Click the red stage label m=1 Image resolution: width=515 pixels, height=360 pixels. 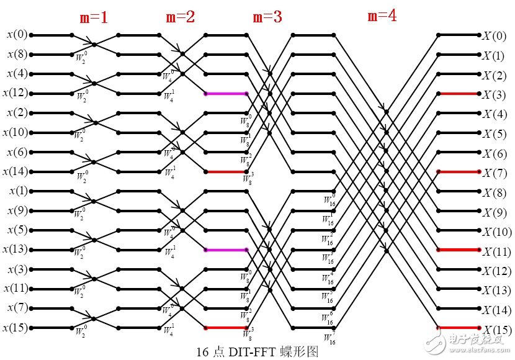pos(94,17)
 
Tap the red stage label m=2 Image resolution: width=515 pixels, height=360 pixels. pos(181,17)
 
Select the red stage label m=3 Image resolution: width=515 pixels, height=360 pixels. pos(267,17)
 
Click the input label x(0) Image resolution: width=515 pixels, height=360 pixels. pos(17,35)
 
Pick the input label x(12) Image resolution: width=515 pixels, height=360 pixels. pos(15,93)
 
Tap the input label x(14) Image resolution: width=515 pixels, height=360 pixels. pos(15,171)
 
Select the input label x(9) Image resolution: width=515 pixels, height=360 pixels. pos(17,210)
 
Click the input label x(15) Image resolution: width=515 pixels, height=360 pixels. pos(15,327)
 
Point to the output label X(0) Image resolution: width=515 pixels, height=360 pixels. pos(495,35)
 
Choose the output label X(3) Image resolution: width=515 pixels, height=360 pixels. pos(495,94)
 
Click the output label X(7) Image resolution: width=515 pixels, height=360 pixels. pos(495,172)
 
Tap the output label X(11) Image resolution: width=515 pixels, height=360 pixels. pos(497,251)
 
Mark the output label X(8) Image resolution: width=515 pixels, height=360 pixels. pos(495,192)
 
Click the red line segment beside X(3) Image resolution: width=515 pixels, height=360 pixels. pos(459,94)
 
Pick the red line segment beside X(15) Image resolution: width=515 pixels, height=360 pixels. pos(459,327)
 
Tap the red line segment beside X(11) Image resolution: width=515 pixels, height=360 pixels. pos(459,250)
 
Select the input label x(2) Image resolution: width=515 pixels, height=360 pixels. pos(17,113)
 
